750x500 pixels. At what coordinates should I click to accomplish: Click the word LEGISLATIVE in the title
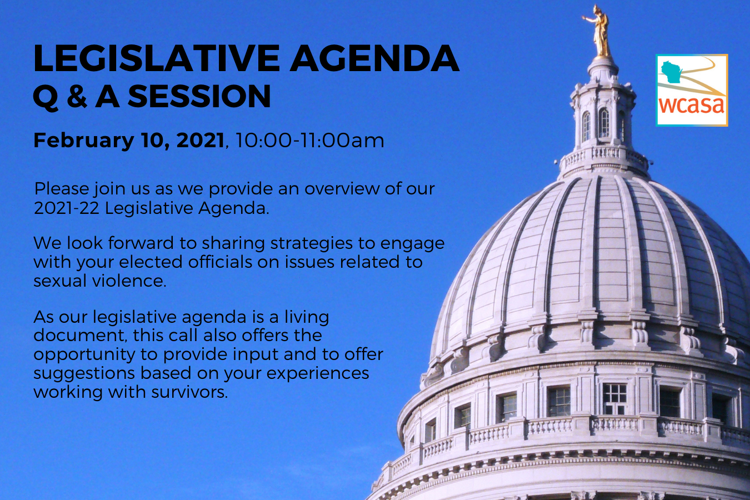click(x=156, y=58)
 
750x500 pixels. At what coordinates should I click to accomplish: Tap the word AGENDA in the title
click(x=374, y=58)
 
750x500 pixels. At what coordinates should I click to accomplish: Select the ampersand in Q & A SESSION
click(x=77, y=96)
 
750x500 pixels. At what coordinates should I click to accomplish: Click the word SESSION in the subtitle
click(x=199, y=96)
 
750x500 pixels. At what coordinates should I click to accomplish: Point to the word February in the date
click(x=84, y=141)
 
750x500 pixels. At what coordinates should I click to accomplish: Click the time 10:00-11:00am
click(x=310, y=140)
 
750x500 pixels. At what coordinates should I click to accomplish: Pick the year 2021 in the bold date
click(x=200, y=140)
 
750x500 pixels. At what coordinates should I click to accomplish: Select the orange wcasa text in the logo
click(x=692, y=104)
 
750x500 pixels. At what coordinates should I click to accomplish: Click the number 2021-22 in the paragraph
click(x=67, y=208)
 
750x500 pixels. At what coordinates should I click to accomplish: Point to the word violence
click(x=129, y=281)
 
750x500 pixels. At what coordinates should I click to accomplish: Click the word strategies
click(x=312, y=244)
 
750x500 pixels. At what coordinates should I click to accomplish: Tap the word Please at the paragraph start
click(x=61, y=189)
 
